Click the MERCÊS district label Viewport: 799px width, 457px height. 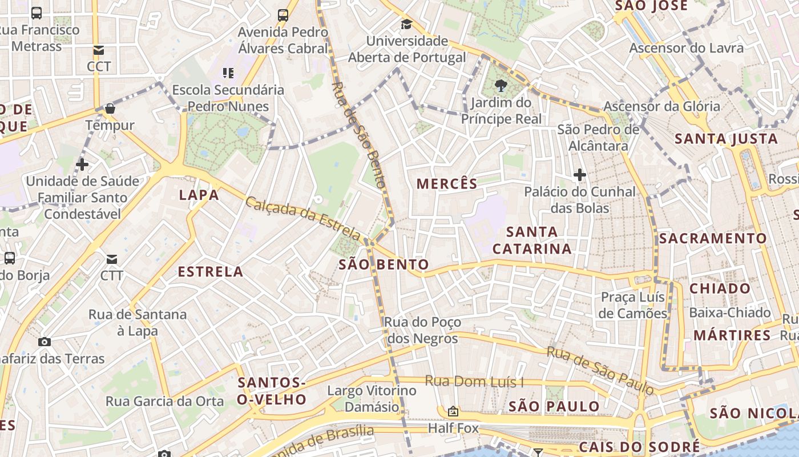(446, 184)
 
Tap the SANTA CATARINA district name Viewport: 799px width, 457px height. (532, 240)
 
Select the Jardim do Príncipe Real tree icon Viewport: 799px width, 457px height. (502, 86)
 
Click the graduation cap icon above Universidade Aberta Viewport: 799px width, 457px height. (406, 25)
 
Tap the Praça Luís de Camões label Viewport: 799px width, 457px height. (633, 306)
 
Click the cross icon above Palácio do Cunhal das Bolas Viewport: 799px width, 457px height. (580, 174)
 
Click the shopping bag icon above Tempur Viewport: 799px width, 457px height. (110, 109)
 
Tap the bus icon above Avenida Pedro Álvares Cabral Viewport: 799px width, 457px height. (283, 15)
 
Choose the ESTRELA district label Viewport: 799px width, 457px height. (211, 272)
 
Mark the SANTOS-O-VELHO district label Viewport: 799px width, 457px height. (272, 391)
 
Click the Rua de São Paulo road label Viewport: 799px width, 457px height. (600, 370)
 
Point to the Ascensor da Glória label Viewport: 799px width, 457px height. (661, 106)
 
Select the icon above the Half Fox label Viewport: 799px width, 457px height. (453, 411)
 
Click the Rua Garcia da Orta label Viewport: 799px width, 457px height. (165, 402)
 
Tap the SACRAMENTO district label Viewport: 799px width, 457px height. (713, 238)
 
